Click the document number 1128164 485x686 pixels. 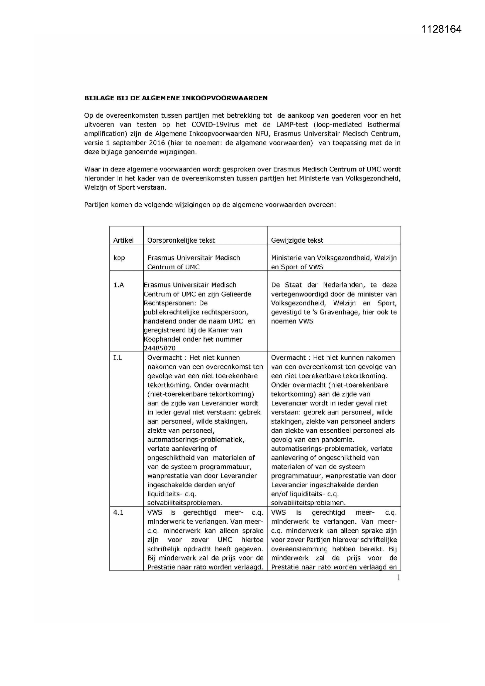click(x=441, y=29)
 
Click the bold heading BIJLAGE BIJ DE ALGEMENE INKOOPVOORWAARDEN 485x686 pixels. click(x=176, y=98)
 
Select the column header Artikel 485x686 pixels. click(x=123, y=240)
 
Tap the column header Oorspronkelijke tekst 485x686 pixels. click(x=181, y=240)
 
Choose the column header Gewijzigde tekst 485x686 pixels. click(x=297, y=240)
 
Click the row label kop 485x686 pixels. click(x=119, y=258)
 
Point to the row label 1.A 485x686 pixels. click(x=118, y=285)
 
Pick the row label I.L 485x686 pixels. click(x=117, y=358)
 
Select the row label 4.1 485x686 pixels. click(x=118, y=513)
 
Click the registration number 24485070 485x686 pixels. click(x=160, y=348)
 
